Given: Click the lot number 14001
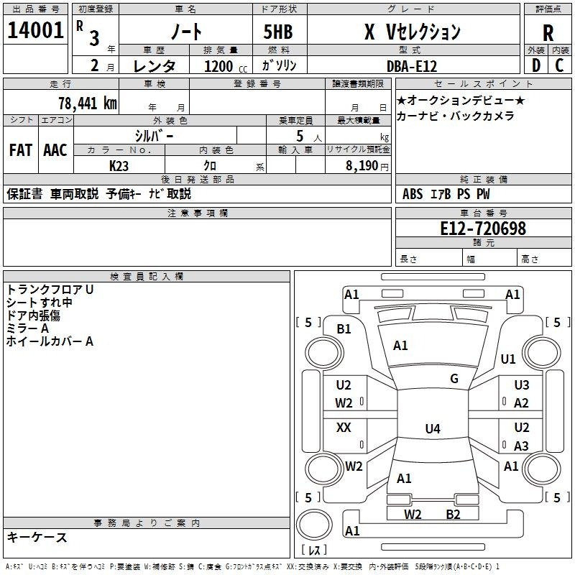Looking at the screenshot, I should tap(35, 30).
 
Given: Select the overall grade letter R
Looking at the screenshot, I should tap(548, 33).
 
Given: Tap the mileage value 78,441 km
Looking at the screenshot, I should tap(87, 103).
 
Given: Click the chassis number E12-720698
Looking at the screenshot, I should tap(483, 229).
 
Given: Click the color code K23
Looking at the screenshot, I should tap(119, 165).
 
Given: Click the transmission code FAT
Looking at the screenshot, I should tap(21, 150).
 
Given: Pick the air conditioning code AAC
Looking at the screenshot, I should tap(55, 150).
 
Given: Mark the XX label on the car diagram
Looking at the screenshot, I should tap(344, 428).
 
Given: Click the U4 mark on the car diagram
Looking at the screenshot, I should tap(432, 429).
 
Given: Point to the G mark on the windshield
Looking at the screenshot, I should tap(454, 379).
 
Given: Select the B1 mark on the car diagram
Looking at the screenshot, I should tap(344, 328).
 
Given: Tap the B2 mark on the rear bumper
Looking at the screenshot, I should tap(453, 514).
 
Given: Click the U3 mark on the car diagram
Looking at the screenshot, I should tap(521, 385).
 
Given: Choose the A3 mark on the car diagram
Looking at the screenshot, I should tap(521, 446).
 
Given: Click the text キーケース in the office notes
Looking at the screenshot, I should tap(37, 538).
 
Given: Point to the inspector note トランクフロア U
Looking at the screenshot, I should tap(50, 289).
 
